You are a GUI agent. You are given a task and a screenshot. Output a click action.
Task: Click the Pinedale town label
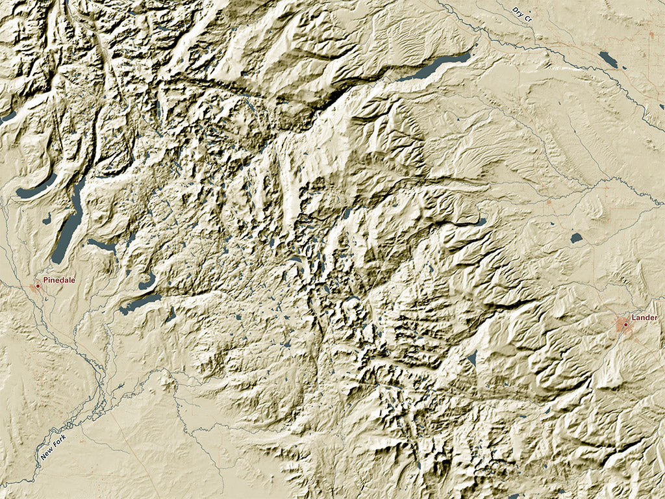(59, 280)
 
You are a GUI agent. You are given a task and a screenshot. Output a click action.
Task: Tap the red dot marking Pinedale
(38, 286)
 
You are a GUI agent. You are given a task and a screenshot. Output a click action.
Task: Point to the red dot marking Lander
(625, 324)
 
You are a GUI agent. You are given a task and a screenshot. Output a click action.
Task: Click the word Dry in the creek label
(517, 11)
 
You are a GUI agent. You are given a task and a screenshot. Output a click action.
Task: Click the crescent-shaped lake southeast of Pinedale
(147, 282)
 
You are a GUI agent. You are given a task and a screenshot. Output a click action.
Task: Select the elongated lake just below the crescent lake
(140, 302)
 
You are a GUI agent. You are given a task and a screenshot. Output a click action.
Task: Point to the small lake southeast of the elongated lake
(171, 316)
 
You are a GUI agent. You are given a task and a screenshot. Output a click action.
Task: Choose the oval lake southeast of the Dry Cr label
(609, 59)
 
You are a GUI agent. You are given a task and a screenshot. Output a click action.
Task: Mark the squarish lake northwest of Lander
(576, 238)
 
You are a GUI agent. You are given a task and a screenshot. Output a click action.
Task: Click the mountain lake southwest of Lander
(471, 358)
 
